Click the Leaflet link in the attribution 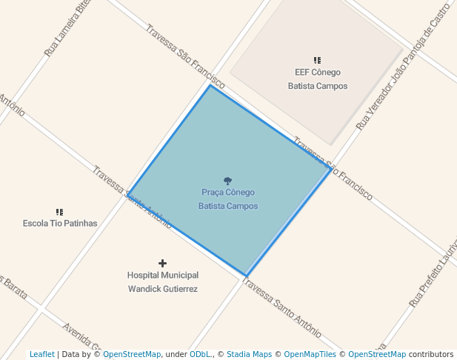(41, 354)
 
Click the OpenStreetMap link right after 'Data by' (131, 354)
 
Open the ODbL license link (200, 354)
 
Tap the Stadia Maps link (249, 354)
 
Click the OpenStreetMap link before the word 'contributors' (376, 354)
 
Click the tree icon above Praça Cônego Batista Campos (227, 181)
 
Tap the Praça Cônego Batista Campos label (228, 199)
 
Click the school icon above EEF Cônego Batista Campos (317, 60)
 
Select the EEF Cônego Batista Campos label (317, 79)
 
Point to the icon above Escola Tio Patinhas (60, 211)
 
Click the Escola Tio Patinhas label (60, 223)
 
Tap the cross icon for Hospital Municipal (162, 263)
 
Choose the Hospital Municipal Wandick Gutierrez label (162, 281)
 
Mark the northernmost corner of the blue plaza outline (210, 85)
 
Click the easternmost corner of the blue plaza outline (330, 169)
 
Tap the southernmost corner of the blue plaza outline (246, 276)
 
